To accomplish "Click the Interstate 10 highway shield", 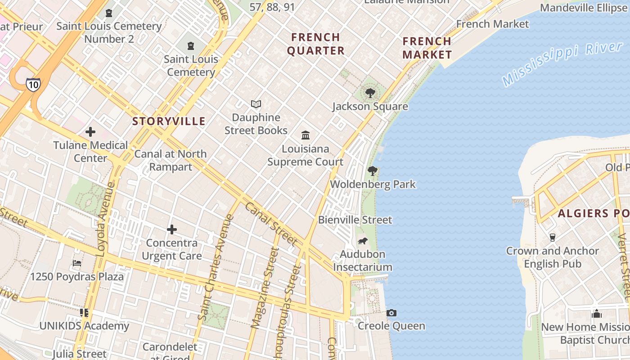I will (33, 84).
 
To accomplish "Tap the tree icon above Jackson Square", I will (370, 93).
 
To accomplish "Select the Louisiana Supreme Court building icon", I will (306, 135).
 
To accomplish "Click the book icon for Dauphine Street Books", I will (256, 104).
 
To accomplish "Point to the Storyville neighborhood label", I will (169, 121).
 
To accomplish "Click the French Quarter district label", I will (316, 44).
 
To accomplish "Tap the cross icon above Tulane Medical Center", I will (90, 132).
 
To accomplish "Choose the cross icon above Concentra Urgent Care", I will (171, 230).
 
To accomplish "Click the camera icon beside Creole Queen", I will (391, 313).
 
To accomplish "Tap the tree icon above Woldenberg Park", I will (372, 171).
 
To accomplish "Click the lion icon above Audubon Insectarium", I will (363, 241).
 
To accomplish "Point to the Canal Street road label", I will (271, 224).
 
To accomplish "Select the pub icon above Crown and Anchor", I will (553, 237).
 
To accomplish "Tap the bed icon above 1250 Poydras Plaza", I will (77, 263).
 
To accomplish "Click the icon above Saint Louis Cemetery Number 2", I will (109, 13).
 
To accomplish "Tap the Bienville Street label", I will (355, 220).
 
